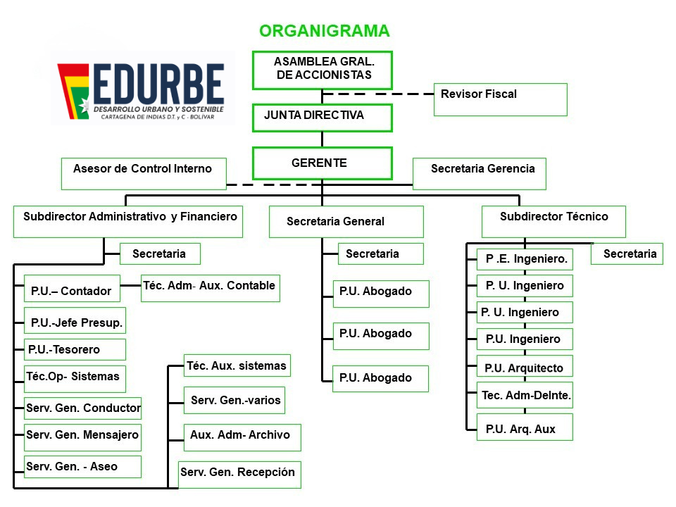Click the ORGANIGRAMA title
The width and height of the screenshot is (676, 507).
pos(324,31)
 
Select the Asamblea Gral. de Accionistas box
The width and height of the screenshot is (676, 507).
pos(323,70)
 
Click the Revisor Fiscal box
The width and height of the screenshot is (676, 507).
pos(500,99)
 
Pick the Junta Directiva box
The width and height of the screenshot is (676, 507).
pos(323,117)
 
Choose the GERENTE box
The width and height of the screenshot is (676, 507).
pos(323,163)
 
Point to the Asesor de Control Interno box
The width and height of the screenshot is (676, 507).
pos(144,174)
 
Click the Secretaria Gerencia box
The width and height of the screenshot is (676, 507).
pos(479,174)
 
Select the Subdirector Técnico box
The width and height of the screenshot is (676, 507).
pos(553,221)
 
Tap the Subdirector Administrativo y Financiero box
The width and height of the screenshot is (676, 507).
pos(128,221)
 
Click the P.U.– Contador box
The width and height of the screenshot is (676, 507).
pos(71,289)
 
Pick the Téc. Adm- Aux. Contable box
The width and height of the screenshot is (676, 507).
pos(210,288)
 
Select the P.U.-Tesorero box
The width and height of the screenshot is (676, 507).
pos(75,349)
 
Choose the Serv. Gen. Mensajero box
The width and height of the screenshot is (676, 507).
pos(82,437)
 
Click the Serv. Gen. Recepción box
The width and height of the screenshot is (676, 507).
pos(239,474)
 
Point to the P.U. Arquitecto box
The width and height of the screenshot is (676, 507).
pos(525,367)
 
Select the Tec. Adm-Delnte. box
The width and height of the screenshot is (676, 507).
pos(525,396)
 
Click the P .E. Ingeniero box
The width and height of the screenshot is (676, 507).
pos(525,259)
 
